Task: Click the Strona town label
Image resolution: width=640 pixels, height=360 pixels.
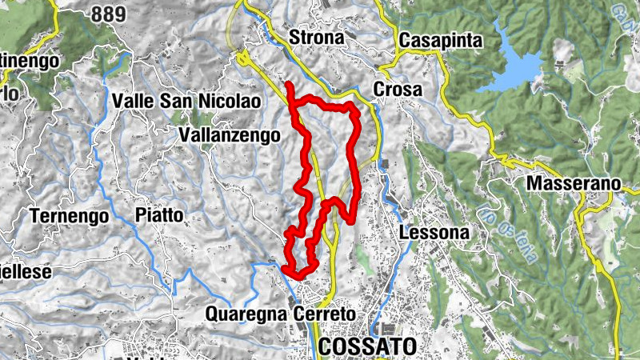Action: pos(316,38)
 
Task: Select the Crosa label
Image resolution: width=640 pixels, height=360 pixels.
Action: pos(398,90)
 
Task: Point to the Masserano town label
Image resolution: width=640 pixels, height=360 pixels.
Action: pos(574,183)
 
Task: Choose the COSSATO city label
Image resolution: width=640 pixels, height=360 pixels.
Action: pos(368,346)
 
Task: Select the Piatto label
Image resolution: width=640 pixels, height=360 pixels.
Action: pos(159,215)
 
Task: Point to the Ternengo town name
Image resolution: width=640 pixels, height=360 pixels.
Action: pos(68,215)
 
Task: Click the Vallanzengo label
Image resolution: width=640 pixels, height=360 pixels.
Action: pos(230,136)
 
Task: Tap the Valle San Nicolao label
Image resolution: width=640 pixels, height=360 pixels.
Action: pos(186,102)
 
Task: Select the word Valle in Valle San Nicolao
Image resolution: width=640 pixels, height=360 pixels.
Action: pos(137,102)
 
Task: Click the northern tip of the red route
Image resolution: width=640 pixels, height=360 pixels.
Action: pos(287,84)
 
